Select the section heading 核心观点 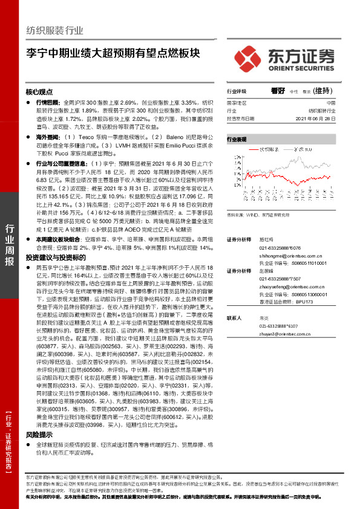pos(39,92)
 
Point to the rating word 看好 pos(278,91)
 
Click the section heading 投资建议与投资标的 pos(53,258)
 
